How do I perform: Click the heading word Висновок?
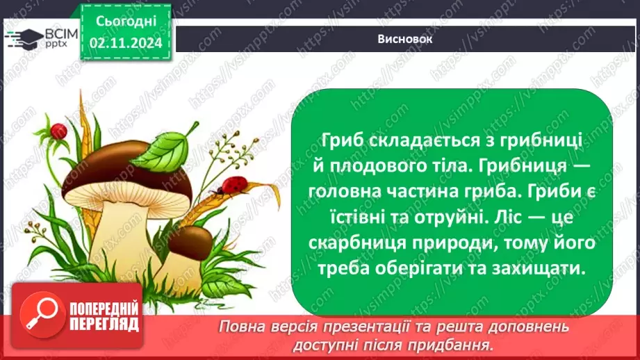tap(407, 40)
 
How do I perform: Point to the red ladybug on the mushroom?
tap(231, 186)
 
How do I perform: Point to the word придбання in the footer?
tap(459, 345)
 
